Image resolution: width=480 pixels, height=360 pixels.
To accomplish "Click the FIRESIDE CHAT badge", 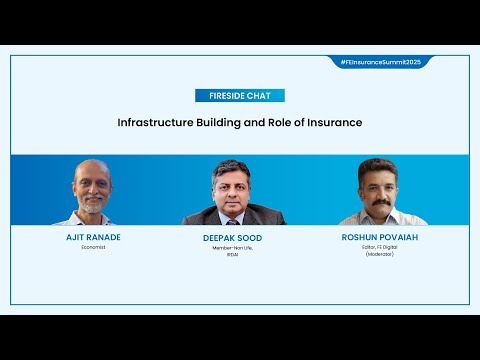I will point(239,96).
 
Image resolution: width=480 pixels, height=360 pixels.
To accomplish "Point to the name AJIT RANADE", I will point(93,237).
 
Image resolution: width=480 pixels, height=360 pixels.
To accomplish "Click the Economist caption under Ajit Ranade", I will point(93,247).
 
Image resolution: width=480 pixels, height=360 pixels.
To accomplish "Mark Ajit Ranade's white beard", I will point(92,202).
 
